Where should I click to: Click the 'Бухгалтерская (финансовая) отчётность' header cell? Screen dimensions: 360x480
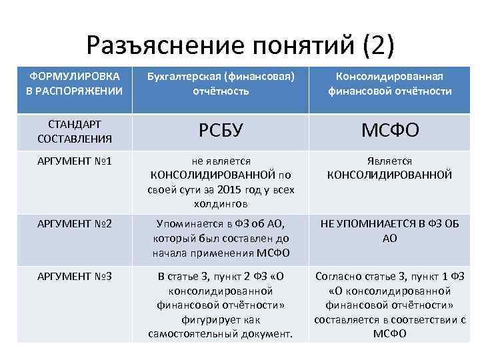[221, 83]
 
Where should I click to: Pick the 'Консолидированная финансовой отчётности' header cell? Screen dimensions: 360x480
[390, 83]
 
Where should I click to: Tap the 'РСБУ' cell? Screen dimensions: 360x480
[221, 131]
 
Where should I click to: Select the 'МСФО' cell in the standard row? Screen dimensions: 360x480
[390, 131]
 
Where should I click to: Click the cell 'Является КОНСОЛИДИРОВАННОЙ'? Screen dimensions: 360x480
[390, 168]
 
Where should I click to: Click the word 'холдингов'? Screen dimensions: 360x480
[221, 203]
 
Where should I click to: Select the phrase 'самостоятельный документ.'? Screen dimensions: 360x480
[221, 333]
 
